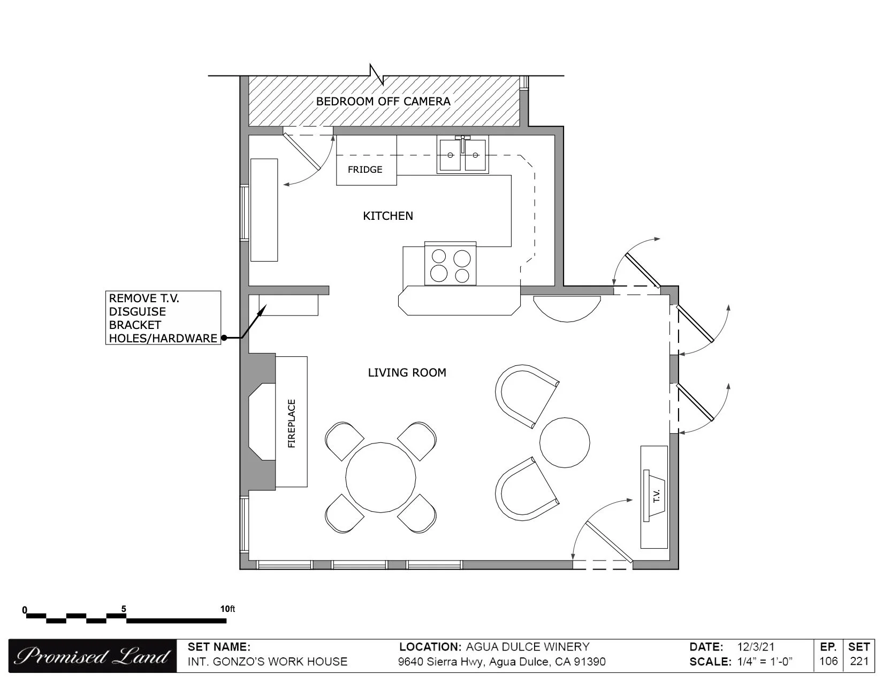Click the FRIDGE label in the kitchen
pos(365,170)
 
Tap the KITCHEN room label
pos(388,216)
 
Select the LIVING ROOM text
pos(407,372)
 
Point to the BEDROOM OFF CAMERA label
pos(383,101)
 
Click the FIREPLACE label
pos(291,424)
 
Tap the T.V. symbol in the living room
pos(654,495)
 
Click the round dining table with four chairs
pos(380,478)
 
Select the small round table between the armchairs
pos(565,442)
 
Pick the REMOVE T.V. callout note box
pos(163,318)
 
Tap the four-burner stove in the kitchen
pos(450,263)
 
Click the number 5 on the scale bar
pos(124,609)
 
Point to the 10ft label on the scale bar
pos(227,609)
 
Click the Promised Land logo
pos(92,656)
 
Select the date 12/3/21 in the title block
pos(756,647)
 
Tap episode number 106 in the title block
pos(828,662)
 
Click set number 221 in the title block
pos(859,662)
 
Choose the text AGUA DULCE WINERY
pos(528,647)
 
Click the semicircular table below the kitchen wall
pos(567,309)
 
